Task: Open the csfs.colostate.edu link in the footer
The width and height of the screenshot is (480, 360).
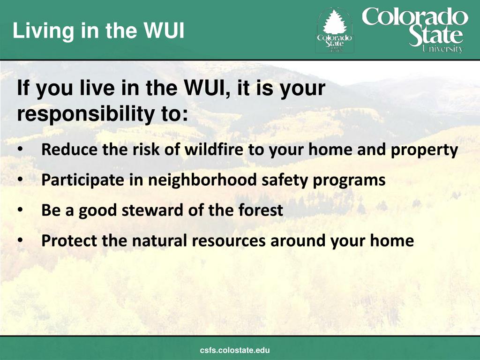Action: [x=235, y=350]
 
